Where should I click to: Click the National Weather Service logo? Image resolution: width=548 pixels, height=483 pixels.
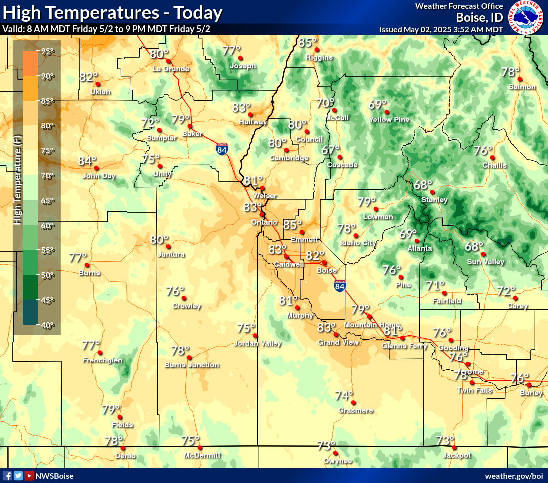(x=526, y=18)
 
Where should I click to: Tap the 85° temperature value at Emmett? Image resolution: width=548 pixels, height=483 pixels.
(x=293, y=225)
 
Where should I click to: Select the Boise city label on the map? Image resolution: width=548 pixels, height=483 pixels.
(x=327, y=270)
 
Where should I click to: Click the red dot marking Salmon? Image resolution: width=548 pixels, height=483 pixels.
(x=519, y=79)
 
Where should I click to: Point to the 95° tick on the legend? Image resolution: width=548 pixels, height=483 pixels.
(x=48, y=51)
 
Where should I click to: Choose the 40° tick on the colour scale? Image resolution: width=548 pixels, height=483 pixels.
(x=48, y=325)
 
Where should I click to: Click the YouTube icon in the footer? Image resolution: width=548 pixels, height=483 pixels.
(x=29, y=476)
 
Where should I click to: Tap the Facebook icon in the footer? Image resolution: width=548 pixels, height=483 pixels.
(x=7, y=476)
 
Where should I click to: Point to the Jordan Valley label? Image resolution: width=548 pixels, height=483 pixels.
(x=258, y=343)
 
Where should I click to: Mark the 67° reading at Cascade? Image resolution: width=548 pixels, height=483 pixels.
(x=330, y=150)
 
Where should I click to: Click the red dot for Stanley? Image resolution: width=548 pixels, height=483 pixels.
(x=432, y=192)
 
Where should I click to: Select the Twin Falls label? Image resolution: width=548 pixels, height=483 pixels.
(x=475, y=390)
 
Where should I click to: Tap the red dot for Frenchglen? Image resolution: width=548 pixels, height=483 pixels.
(x=100, y=353)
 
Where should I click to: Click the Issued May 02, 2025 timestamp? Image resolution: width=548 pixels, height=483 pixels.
(x=441, y=30)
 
